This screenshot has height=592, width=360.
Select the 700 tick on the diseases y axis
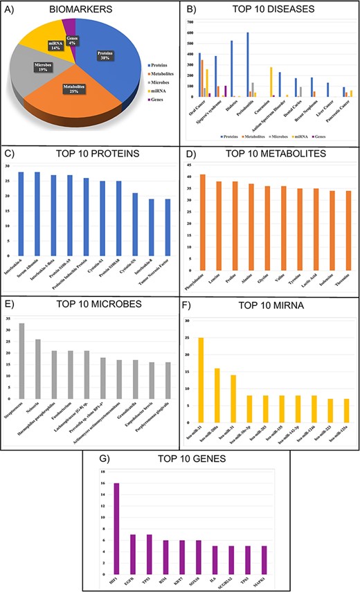click(x=190, y=21)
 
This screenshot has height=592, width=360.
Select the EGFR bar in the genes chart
click(x=132, y=547)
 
